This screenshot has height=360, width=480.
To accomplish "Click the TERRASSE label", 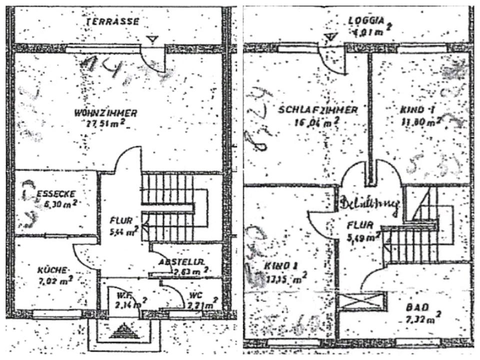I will (x=112, y=21).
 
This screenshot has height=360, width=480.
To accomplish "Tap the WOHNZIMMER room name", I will (x=105, y=113).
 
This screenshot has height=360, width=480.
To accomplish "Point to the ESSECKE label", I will (x=56, y=194).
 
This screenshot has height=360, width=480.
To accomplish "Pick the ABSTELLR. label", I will (x=180, y=261).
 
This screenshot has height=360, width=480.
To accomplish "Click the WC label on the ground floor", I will (x=194, y=295).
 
